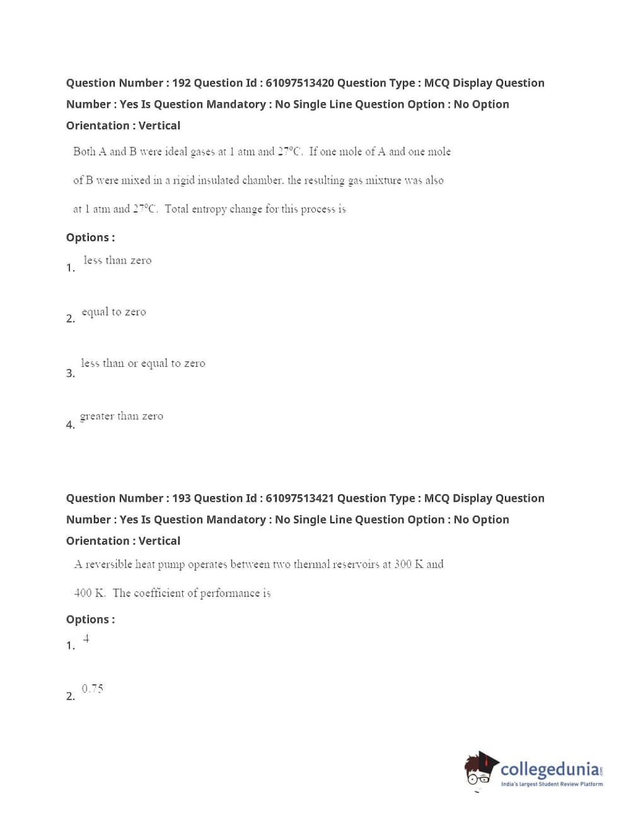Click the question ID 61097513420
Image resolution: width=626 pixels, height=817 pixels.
coord(299,83)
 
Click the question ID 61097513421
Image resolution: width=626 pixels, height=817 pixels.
coord(299,499)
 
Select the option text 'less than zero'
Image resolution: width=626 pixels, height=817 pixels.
coord(117,260)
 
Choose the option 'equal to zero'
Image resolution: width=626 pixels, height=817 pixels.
coord(113,312)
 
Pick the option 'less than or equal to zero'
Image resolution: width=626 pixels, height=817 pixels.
coord(142,364)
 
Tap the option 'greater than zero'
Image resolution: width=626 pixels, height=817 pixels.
coord(122,416)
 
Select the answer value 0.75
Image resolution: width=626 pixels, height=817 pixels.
coord(92,688)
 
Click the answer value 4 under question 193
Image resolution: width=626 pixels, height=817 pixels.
coord(86,639)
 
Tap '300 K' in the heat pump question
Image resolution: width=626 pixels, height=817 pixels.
coord(409,564)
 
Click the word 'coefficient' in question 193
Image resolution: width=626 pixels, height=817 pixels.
coord(160,593)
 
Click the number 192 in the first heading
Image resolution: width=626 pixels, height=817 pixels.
coord(181,83)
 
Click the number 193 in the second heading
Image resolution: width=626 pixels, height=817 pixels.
coord(181,499)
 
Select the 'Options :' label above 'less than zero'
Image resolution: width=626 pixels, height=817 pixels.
coord(90,238)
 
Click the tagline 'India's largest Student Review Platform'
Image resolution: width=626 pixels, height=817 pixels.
coord(552,784)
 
